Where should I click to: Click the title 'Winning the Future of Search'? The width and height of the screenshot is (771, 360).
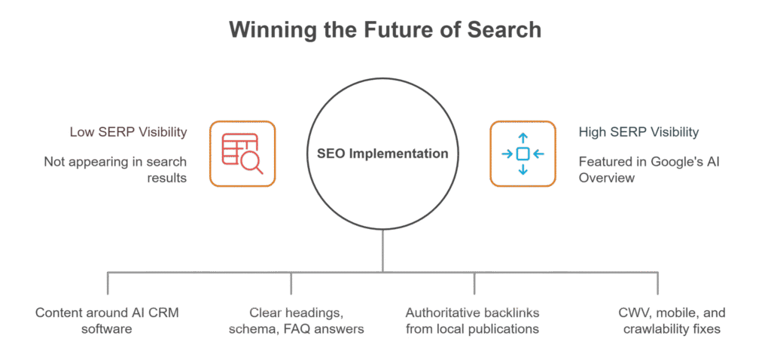point(385,30)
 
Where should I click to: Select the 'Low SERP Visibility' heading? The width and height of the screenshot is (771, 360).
point(127,133)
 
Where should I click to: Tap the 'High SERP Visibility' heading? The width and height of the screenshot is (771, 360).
point(638,133)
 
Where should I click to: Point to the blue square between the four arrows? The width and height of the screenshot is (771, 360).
point(523,154)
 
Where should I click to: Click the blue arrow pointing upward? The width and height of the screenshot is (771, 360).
point(523,139)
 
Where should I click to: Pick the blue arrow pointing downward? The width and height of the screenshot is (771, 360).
point(523,169)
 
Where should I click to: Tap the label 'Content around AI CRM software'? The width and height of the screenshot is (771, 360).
point(108,320)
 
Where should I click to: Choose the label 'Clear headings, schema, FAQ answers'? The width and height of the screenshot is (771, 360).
point(295,320)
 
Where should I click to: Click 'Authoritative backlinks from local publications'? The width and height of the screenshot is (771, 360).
point(473,320)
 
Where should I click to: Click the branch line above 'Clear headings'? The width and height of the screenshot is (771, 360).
point(291,282)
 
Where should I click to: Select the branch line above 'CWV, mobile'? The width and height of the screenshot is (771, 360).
point(658,282)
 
